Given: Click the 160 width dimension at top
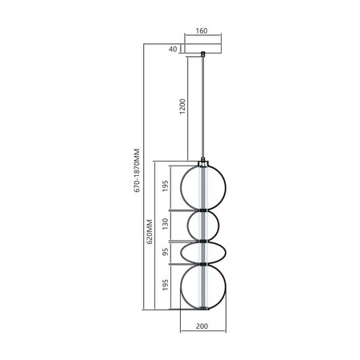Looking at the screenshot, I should click(x=201, y=31).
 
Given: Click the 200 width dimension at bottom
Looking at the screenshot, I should click(x=202, y=327).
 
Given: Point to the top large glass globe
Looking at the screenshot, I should click(x=203, y=186).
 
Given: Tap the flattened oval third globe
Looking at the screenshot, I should click(x=203, y=252).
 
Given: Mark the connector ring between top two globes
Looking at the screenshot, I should click(x=203, y=210).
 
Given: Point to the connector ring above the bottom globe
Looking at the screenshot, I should click(x=203, y=264).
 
